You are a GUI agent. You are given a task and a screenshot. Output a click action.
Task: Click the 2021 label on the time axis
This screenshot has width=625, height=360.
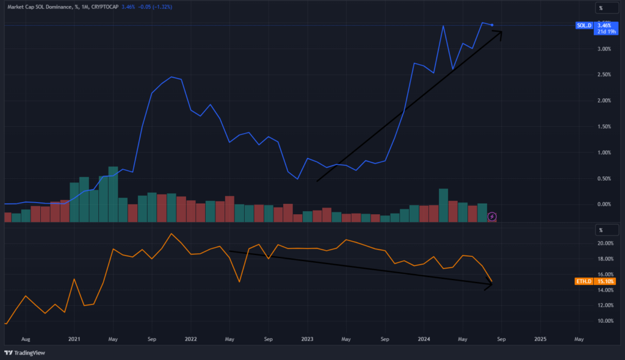pos(74,338)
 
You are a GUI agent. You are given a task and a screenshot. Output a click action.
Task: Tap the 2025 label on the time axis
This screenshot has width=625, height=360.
pos(540,338)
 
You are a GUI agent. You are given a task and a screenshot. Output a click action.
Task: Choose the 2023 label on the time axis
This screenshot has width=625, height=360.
pos(307,338)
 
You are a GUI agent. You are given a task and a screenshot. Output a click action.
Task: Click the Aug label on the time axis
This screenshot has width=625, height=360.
pos(26,338)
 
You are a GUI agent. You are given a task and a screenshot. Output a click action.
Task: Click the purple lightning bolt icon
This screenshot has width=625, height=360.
pos(492,216)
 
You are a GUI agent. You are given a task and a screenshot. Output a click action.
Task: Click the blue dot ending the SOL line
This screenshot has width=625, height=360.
pos(493,25)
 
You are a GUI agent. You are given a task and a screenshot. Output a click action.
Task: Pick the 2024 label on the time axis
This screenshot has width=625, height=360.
pos(424,338)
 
